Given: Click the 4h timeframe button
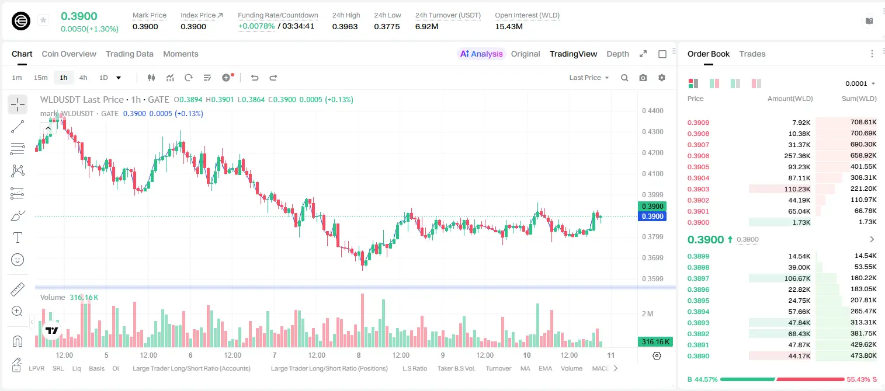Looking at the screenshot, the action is [x=83, y=78].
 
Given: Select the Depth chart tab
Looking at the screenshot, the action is [x=617, y=54].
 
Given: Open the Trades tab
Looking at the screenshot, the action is [x=752, y=54].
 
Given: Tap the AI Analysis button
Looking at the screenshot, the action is [x=481, y=54].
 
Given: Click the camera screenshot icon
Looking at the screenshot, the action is [x=643, y=78].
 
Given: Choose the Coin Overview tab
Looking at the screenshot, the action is [x=69, y=54].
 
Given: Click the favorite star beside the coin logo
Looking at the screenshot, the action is [x=43, y=20].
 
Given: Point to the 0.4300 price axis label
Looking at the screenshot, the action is [x=653, y=132].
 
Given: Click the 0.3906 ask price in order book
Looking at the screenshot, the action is [x=698, y=156].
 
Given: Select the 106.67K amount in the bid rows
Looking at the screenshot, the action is [x=797, y=278].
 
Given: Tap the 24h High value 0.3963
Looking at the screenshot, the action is [x=345, y=26].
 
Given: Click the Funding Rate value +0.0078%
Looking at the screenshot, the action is [x=256, y=26].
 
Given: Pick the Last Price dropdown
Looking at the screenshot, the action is [x=589, y=78].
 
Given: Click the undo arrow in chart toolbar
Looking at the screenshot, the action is [x=255, y=78].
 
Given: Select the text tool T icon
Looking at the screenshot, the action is [x=18, y=238].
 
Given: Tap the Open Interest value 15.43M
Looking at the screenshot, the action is [x=509, y=26].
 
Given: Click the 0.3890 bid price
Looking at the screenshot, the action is [x=698, y=356].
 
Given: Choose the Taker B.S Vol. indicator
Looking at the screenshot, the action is [x=456, y=368].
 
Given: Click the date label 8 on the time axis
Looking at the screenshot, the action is [x=359, y=355].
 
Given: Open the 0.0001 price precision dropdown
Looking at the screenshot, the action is [x=860, y=83].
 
